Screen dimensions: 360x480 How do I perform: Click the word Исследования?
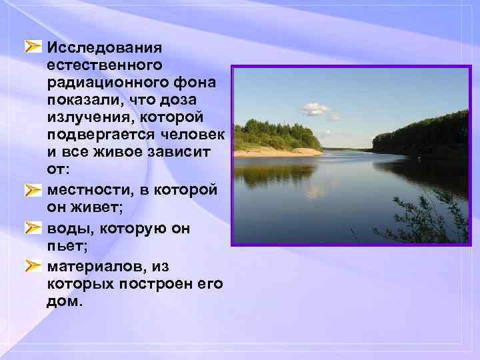tap(105, 48)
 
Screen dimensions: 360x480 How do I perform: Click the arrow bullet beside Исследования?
tap(33, 47)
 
